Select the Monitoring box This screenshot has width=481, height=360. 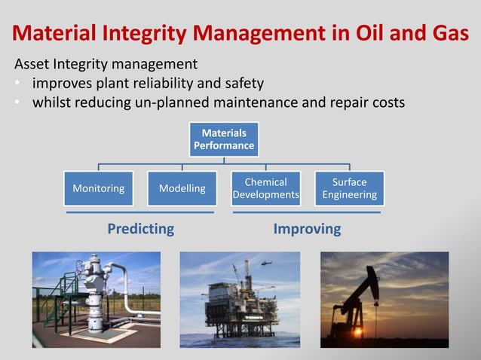98,188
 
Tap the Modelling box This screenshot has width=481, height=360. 182,188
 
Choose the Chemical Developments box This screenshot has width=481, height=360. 265,188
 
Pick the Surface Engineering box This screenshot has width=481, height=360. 349,188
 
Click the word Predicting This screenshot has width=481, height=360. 140,228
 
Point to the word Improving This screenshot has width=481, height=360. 307,228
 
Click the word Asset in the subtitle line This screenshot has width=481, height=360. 33,64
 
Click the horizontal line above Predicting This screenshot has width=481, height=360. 140,213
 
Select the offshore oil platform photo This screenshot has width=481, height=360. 240,299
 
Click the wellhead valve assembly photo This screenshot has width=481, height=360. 96,299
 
